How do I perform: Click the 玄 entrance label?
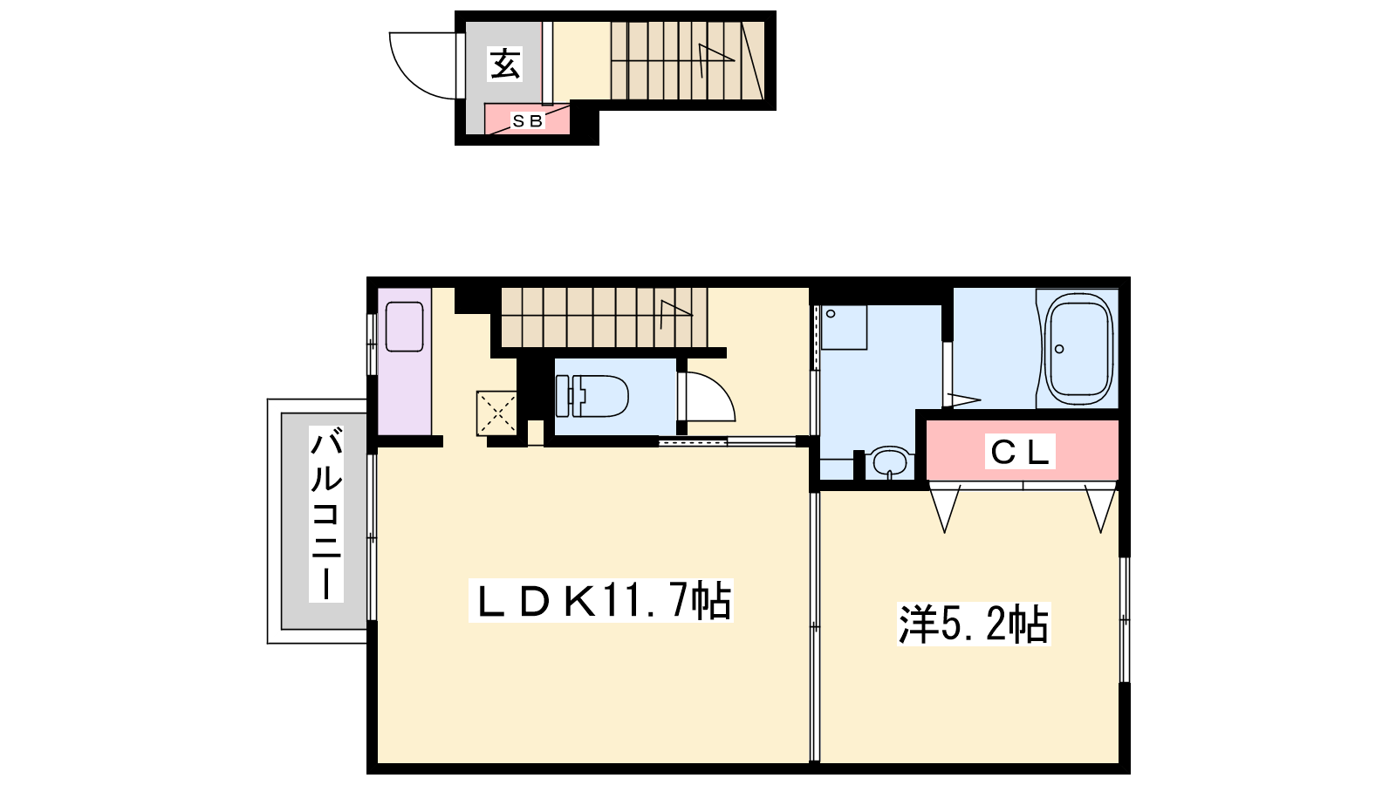point(505,65)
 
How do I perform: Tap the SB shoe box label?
point(527,121)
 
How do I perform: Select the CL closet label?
point(1020,452)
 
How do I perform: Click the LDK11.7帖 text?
point(601,601)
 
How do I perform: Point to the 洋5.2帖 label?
point(974,623)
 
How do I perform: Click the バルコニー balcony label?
point(326,514)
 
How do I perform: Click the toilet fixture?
point(592,396)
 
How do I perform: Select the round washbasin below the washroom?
point(890,462)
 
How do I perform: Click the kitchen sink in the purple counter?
point(405,326)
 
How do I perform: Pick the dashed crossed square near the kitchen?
point(496,412)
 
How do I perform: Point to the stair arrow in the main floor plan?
point(675,314)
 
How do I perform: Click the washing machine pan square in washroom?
point(844,327)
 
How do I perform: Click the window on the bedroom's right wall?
point(1125,619)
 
